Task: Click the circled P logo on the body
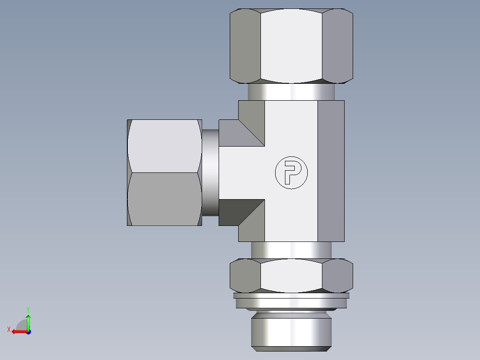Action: (x=291, y=172)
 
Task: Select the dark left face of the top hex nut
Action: (x=245, y=45)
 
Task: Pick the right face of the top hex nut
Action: (x=337, y=45)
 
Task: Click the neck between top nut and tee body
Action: (x=291, y=92)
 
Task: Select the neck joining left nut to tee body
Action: (x=210, y=172)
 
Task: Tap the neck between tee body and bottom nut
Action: (x=291, y=250)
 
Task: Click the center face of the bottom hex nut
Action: (x=291, y=275)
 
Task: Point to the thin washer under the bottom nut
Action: (x=291, y=295)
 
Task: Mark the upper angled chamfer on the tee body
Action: (x=243, y=129)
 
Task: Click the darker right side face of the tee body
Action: (x=331, y=171)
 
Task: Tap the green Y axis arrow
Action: (x=28, y=320)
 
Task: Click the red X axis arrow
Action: (x=18, y=331)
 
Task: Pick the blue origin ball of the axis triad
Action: (x=28, y=332)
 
